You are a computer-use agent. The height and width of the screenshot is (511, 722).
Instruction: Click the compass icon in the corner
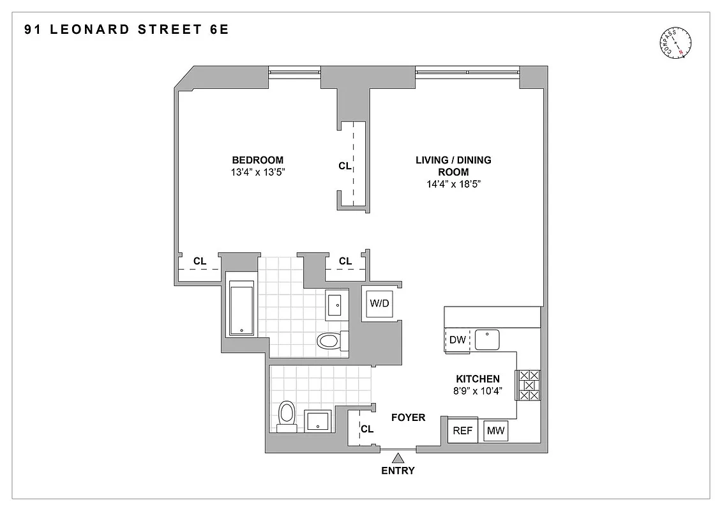point(676,43)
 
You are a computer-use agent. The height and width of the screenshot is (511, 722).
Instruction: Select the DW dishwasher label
point(458,340)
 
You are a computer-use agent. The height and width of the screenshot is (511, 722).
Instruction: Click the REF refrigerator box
point(463,431)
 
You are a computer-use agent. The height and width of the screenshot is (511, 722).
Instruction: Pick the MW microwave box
point(496,431)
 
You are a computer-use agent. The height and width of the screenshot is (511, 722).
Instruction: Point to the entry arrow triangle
point(399,457)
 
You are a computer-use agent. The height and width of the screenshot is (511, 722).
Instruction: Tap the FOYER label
point(408,418)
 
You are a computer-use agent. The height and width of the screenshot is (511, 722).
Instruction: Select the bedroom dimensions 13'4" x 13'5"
point(258,172)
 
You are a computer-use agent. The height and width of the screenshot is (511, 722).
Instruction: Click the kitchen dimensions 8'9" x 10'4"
point(478,391)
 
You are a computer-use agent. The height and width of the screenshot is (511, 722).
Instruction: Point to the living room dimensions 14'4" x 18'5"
point(453,184)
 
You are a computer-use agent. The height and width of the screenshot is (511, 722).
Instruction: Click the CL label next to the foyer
point(367,429)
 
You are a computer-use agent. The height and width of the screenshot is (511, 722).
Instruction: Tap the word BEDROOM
point(258,160)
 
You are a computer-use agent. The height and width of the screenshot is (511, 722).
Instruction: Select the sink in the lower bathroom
point(317,421)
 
